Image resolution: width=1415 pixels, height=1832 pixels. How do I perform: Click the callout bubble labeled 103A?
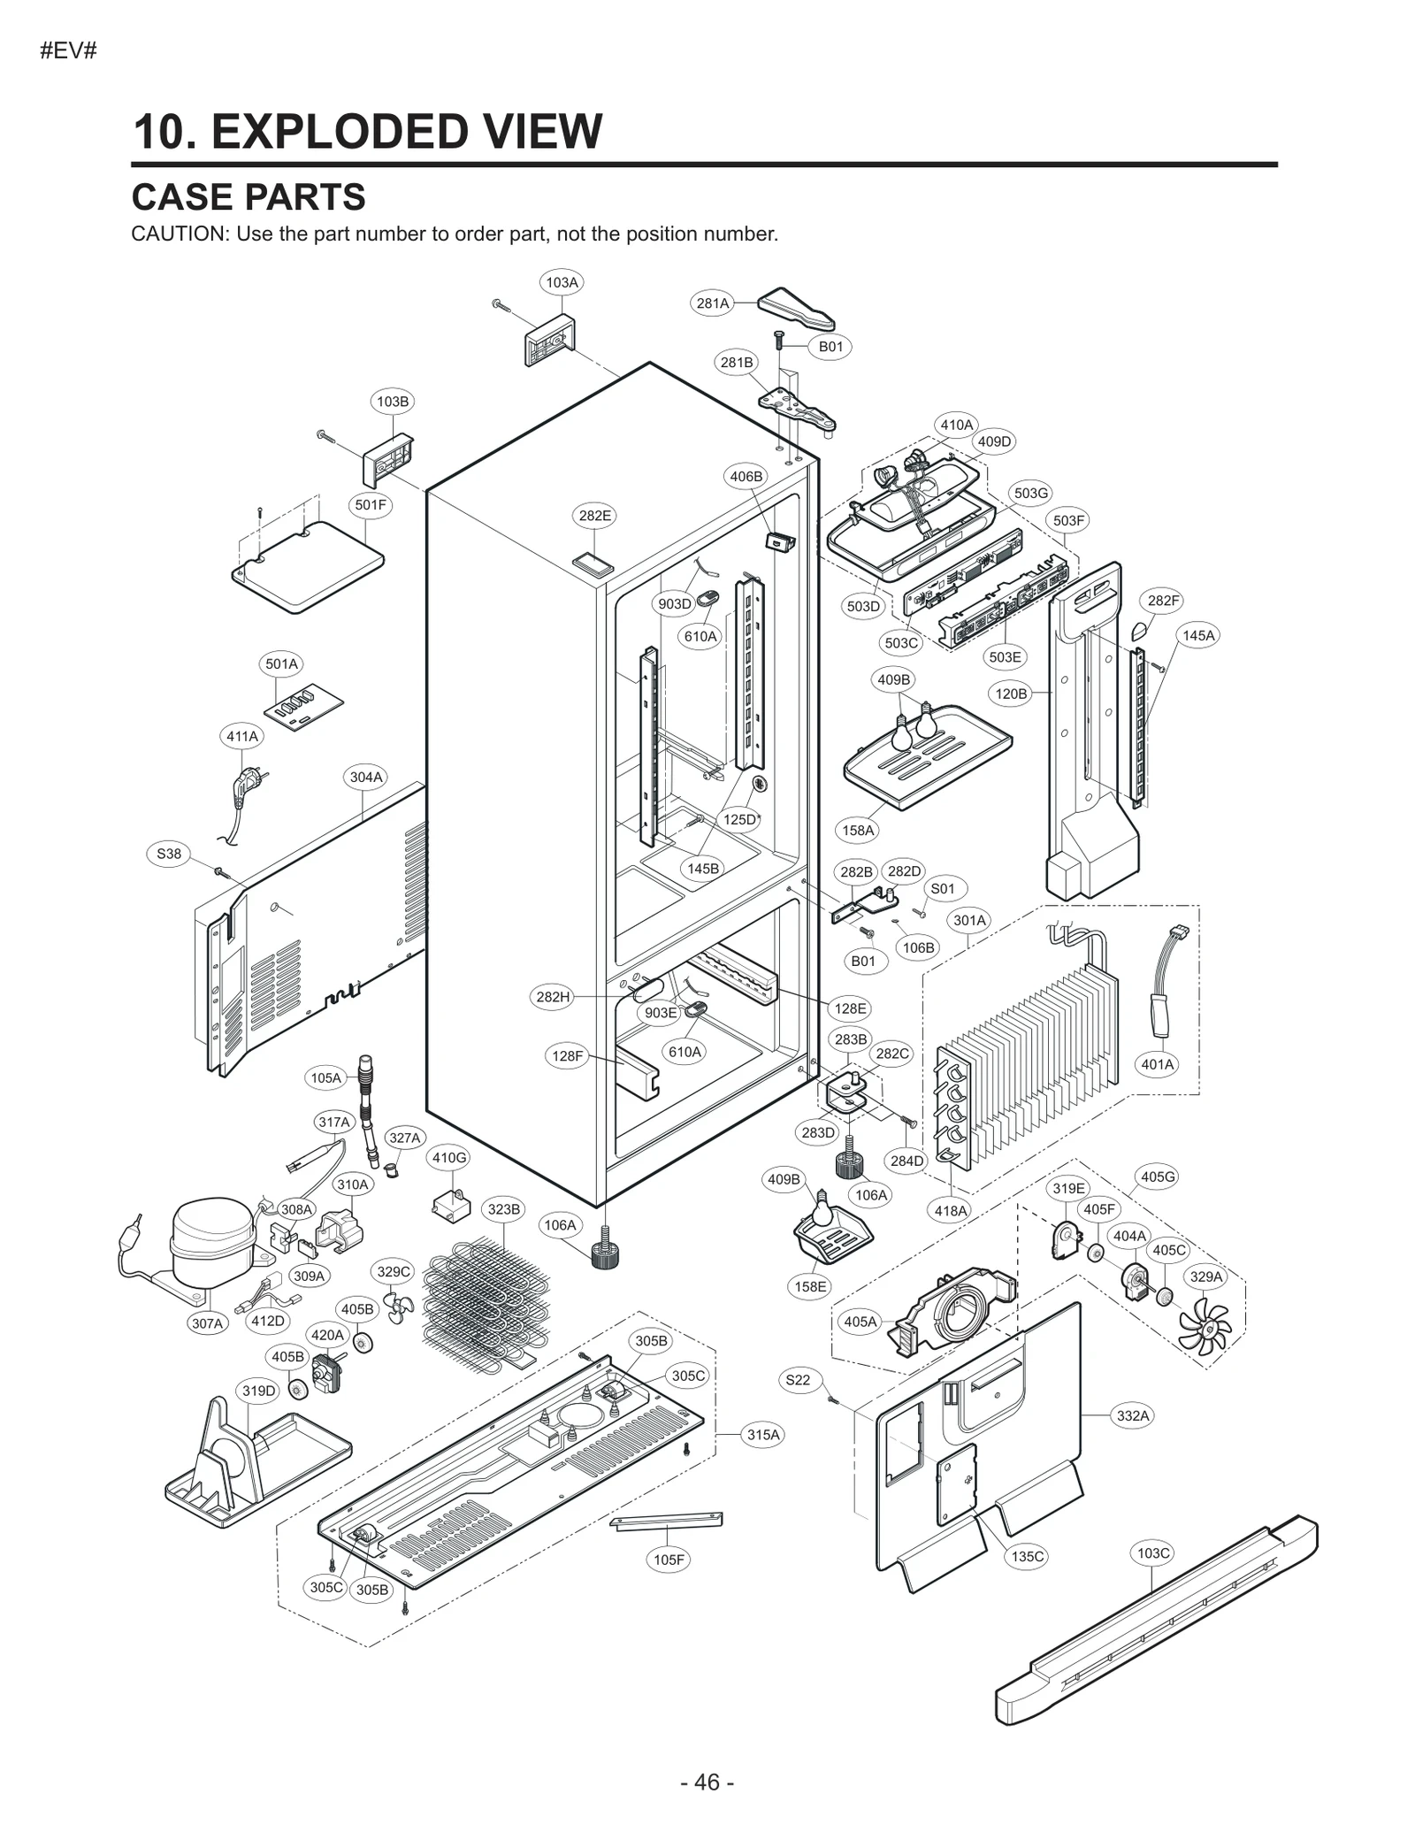[562, 282]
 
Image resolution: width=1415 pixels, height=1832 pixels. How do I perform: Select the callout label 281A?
[713, 303]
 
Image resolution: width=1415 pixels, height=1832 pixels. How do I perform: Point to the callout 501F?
[371, 505]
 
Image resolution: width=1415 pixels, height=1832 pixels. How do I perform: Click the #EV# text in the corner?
[68, 50]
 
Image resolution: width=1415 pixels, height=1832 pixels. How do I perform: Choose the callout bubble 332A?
[1133, 1415]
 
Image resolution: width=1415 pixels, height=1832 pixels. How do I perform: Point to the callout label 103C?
[1153, 1552]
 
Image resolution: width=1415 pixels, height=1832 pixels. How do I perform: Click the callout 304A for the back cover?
[366, 777]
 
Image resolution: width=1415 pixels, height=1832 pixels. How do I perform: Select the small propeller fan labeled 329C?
[399, 1306]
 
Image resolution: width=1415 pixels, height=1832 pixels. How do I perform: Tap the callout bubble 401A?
[1158, 1064]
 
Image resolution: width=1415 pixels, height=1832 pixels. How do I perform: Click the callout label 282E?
[595, 515]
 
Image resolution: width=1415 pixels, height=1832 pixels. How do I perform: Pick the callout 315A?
[763, 1434]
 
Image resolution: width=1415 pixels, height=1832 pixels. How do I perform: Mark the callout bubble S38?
[169, 854]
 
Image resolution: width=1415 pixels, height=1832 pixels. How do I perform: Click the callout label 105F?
[669, 1559]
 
